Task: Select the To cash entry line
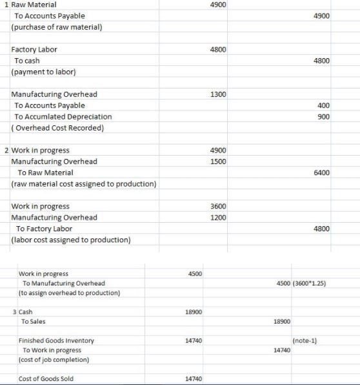tap(27, 61)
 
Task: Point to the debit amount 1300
tap(218, 95)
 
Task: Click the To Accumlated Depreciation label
tap(63, 116)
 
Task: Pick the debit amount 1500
tap(218, 161)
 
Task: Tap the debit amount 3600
tap(218, 206)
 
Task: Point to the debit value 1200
tap(218, 217)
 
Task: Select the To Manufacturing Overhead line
tap(63, 284)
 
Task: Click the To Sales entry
tap(34, 321)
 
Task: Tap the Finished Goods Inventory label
tap(56, 340)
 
